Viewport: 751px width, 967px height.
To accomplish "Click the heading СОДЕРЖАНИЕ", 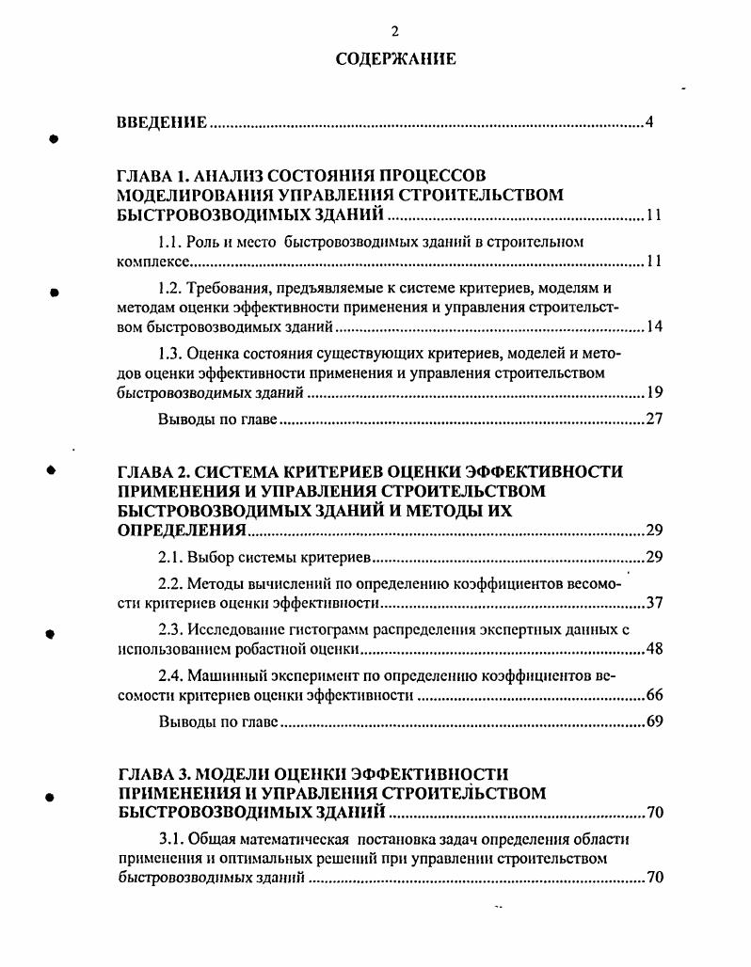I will click(395, 59).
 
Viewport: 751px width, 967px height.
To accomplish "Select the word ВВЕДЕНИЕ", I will click(161, 123).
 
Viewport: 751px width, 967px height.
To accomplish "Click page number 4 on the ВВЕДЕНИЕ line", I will click(649, 123).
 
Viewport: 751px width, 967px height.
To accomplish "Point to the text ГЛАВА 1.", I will click(151, 175).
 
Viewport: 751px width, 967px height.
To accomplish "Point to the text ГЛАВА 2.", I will click(151, 470).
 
